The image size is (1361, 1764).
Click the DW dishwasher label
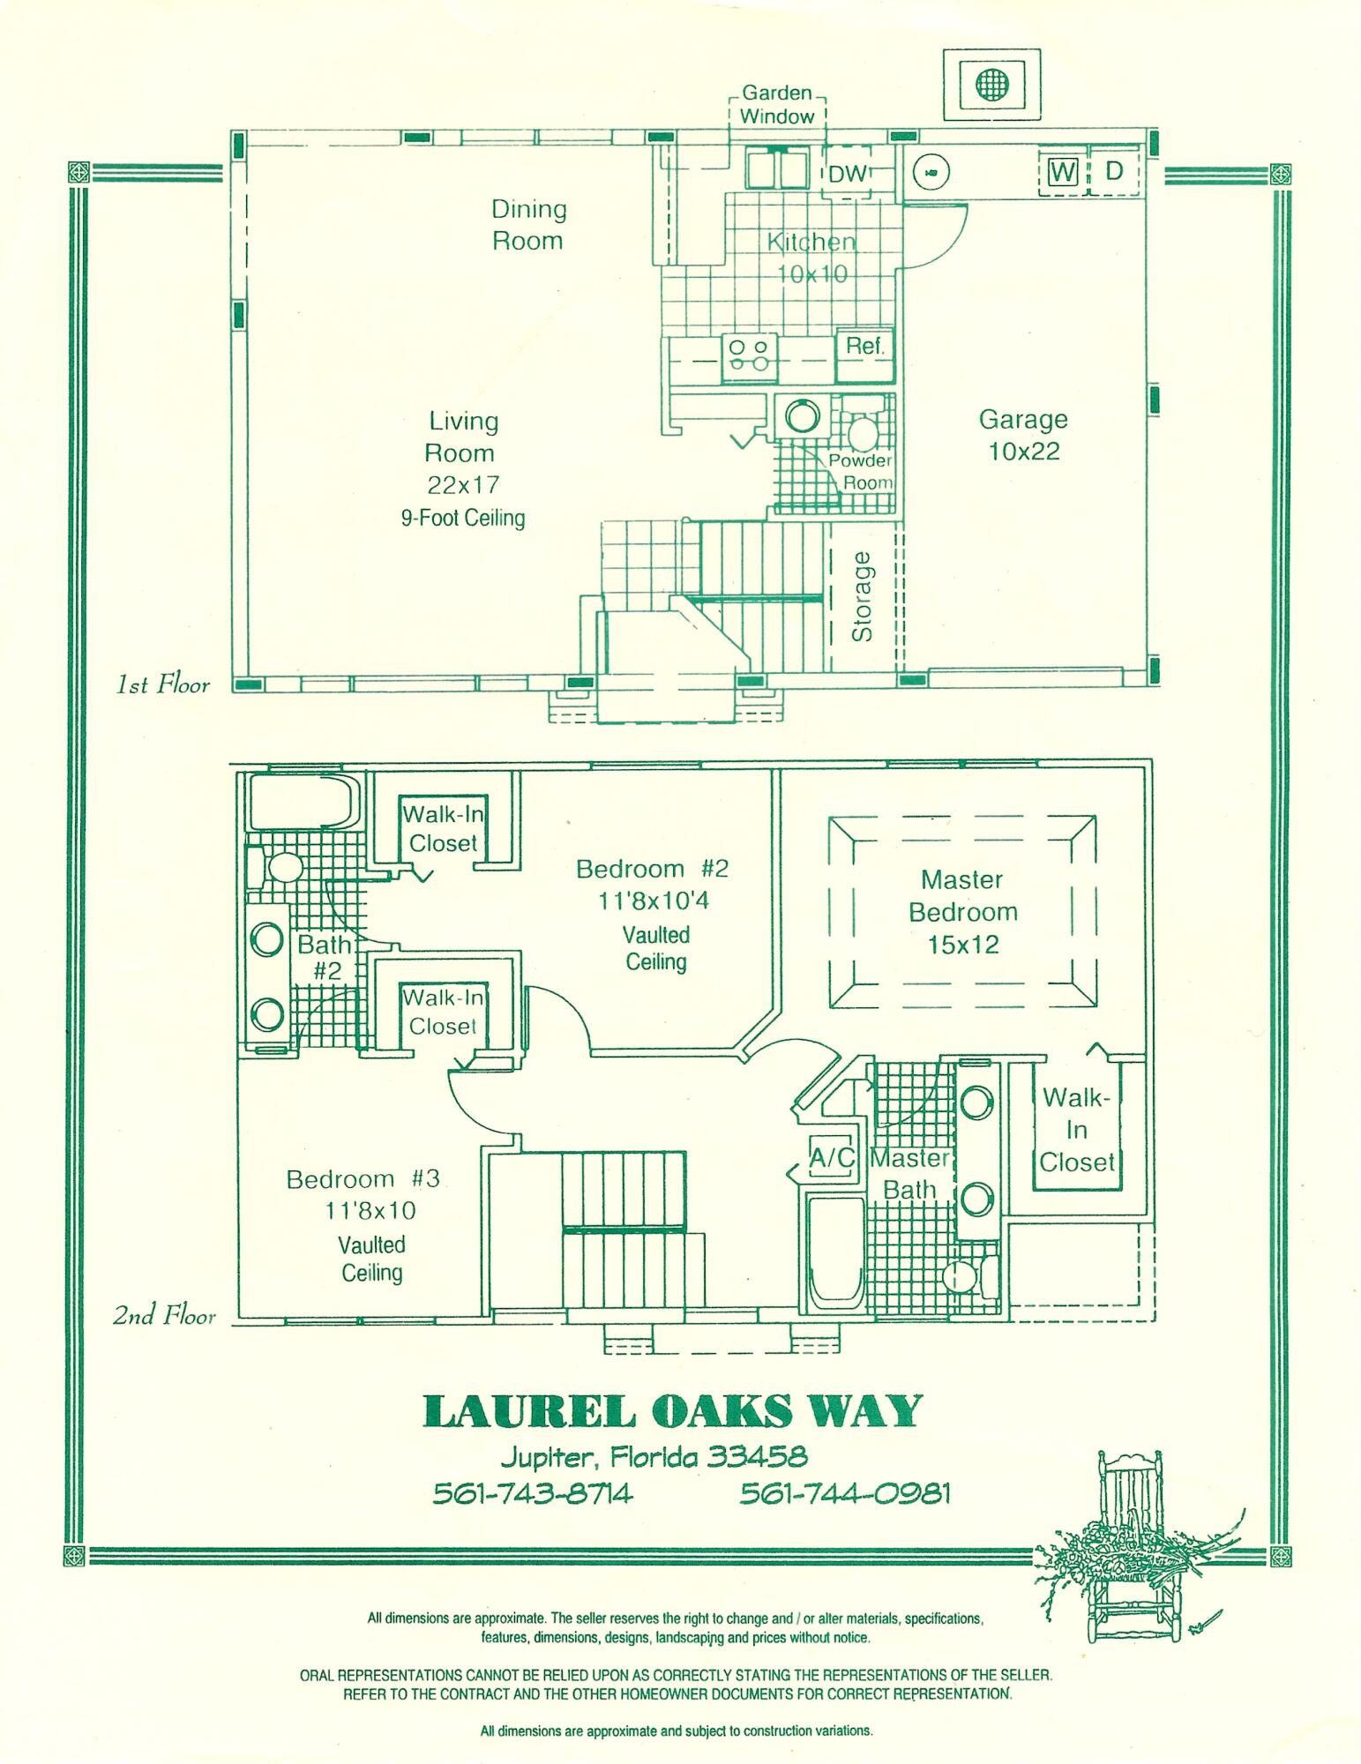pos(848,174)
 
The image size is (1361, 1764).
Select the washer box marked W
pos(1063,171)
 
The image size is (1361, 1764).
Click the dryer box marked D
pos(1114,171)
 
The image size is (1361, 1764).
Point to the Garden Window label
pos(776,105)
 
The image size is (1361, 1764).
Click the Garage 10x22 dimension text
pos(1023,452)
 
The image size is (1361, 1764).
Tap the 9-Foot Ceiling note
pos(463,518)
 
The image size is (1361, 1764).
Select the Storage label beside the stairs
pos(862,596)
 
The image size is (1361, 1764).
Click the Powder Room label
pos(861,472)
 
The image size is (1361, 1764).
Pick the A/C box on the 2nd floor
pos(833,1157)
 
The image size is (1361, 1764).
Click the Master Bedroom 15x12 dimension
pos(963,945)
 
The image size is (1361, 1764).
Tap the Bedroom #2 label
pos(652,869)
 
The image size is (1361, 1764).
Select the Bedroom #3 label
pos(363,1179)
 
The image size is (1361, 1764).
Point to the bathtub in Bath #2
pos(301,802)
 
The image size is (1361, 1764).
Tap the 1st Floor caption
pos(163,685)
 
